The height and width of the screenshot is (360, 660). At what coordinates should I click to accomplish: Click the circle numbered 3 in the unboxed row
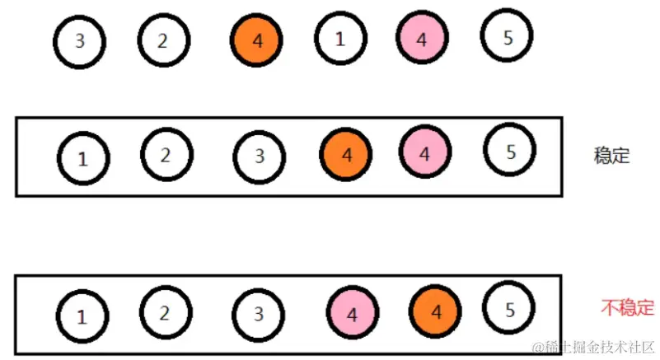tap(79, 41)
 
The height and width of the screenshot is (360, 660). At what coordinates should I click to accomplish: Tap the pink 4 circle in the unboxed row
tap(423, 39)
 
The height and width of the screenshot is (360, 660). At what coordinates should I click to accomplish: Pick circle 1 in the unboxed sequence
tap(340, 39)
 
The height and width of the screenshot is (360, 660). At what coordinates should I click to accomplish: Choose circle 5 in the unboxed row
tap(507, 36)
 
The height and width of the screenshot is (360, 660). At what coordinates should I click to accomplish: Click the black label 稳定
tap(611, 155)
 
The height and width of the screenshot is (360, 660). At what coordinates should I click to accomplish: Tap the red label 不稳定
tap(627, 309)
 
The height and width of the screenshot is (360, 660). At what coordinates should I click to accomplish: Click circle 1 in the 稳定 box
tap(82, 158)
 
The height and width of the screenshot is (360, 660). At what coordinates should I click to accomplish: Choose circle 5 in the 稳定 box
tap(510, 152)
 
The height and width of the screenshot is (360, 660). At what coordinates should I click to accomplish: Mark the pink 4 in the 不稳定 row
tap(353, 314)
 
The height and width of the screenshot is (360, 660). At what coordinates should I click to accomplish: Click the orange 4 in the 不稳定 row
tap(436, 312)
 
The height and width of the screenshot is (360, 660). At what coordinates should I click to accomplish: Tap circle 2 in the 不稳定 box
tap(165, 312)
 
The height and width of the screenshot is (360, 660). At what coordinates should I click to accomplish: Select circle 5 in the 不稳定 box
tap(509, 310)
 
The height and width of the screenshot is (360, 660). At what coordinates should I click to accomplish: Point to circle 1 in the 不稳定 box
tap(82, 316)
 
